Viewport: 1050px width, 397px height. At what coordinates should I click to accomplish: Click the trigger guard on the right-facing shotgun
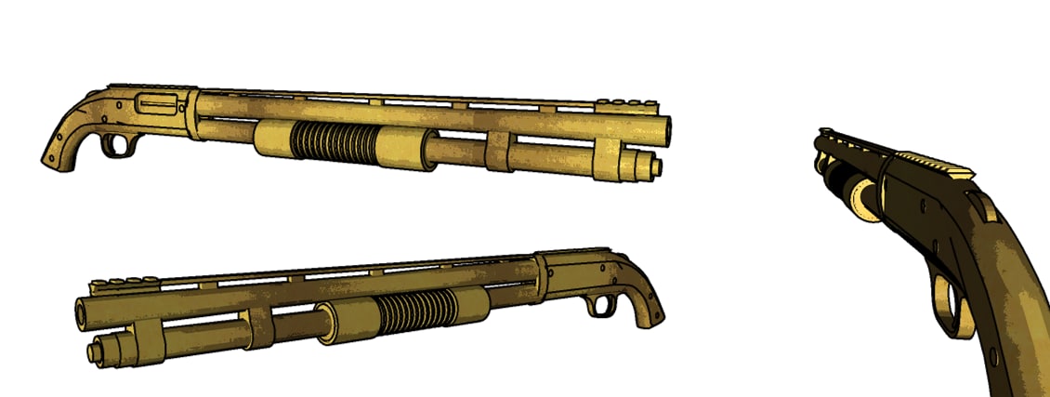(119, 144)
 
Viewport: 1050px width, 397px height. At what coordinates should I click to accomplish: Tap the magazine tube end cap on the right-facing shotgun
(656, 167)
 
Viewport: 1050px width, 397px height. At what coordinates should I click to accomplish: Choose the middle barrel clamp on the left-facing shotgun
(259, 332)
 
